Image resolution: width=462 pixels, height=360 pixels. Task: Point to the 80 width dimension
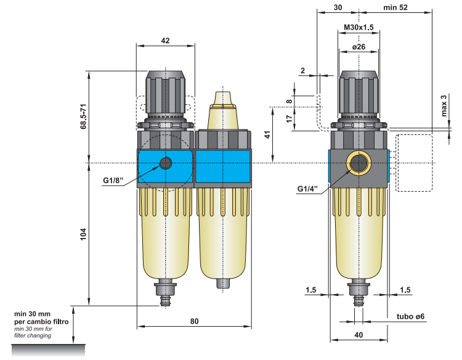point(194,321)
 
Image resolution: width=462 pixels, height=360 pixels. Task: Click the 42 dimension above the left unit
point(165,40)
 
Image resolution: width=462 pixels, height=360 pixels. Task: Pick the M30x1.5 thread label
point(359,28)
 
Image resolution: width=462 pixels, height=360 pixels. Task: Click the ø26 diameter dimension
point(359,47)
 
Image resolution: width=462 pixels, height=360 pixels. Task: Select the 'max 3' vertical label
point(444,105)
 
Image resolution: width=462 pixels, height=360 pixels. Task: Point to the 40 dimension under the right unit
point(359,335)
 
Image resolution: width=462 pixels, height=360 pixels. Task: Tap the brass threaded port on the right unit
point(359,163)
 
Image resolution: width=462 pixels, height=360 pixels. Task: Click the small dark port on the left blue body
point(166,163)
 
